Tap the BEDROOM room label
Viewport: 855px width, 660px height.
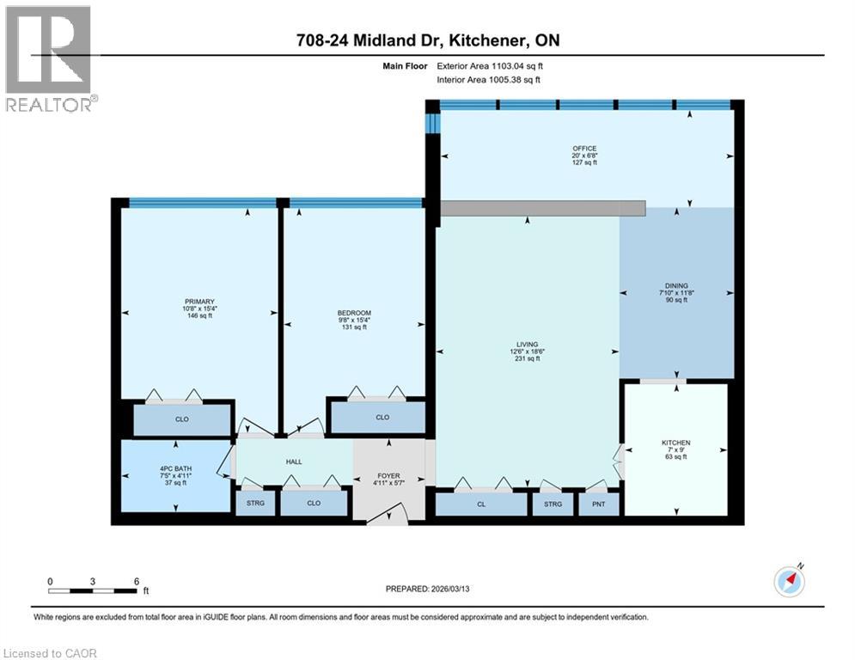[x=353, y=312]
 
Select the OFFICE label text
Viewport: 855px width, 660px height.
[x=584, y=149]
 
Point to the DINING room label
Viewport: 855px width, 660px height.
[x=676, y=286]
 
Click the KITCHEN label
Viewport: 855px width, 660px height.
[x=675, y=443]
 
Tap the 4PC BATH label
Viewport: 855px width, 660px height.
[x=175, y=468]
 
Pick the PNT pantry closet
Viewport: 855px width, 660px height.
[x=598, y=504]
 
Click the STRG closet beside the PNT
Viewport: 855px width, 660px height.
[x=553, y=504]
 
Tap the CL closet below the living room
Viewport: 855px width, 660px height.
[x=481, y=504]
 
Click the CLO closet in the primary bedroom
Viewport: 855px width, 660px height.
[x=182, y=419]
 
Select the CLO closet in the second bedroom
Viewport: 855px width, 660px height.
[x=382, y=418]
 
